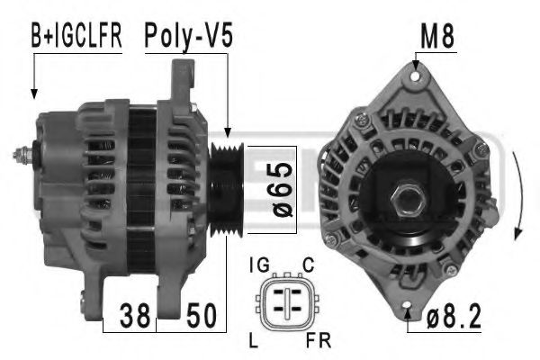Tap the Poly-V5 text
click(x=190, y=37)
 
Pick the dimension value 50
click(x=202, y=316)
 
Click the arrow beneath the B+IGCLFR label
click(x=35, y=76)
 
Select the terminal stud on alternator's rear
click(x=21, y=155)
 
